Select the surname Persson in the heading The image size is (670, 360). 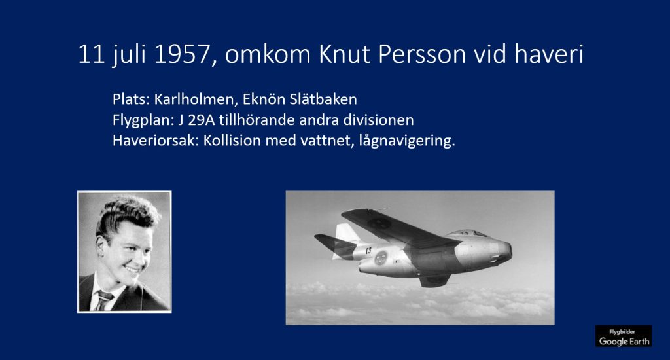pos(422,55)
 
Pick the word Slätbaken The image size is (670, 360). pos(323,99)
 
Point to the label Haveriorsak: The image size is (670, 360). pos(156,141)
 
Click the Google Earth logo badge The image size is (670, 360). pos(624,336)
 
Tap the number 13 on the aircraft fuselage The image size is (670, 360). pos(368,251)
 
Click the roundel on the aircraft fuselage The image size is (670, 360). pos(381,258)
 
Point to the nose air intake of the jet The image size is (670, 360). pos(508,251)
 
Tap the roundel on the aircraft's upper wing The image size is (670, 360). pos(379,223)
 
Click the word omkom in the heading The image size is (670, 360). pos(268,55)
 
